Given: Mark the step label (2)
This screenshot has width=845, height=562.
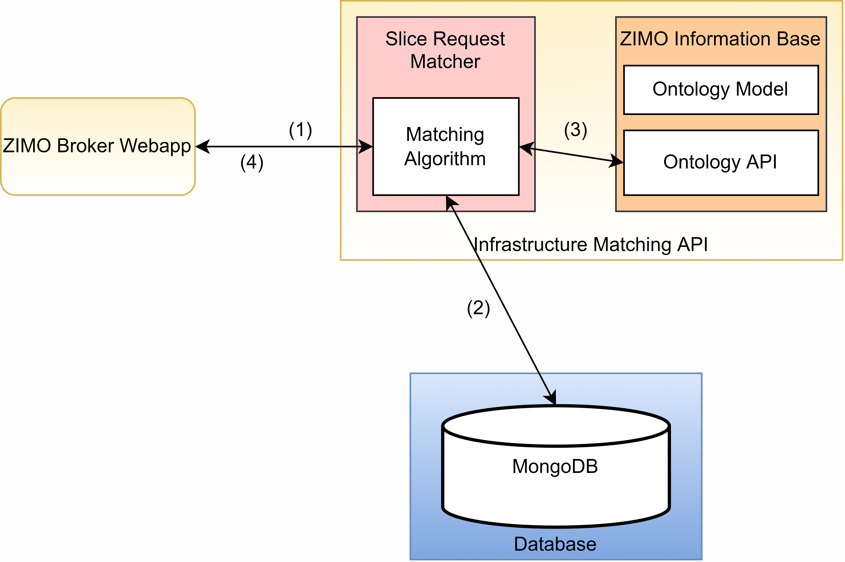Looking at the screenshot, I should click(478, 308).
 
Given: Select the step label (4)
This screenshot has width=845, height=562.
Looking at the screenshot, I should click(252, 163).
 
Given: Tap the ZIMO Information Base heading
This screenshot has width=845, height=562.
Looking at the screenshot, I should click(720, 39).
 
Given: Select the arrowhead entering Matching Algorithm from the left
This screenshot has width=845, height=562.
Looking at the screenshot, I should click(365, 147).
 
